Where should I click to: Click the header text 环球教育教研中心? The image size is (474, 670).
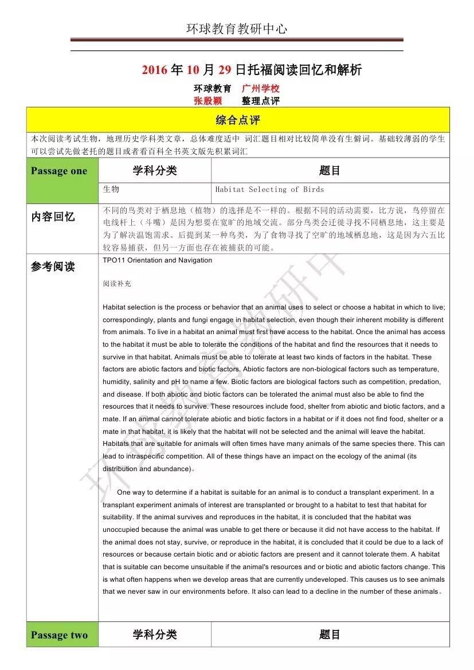[236, 29]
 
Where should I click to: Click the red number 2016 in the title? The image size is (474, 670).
[155, 70]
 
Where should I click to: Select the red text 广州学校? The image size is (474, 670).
[261, 89]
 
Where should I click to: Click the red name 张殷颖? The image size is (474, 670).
[207, 101]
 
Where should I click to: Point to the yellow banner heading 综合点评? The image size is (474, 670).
[237, 120]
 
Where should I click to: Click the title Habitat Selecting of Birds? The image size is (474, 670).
[269, 189]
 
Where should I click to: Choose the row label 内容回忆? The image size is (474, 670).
[53, 217]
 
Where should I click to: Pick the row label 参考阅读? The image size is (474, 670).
[53, 267]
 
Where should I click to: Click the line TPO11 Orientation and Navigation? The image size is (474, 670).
[158, 260]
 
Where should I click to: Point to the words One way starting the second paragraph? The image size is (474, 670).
[130, 492]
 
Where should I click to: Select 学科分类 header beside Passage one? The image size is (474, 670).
[155, 171]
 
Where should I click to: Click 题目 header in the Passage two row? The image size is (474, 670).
[330, 634]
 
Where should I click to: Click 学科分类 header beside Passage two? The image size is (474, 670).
[155, 634]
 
